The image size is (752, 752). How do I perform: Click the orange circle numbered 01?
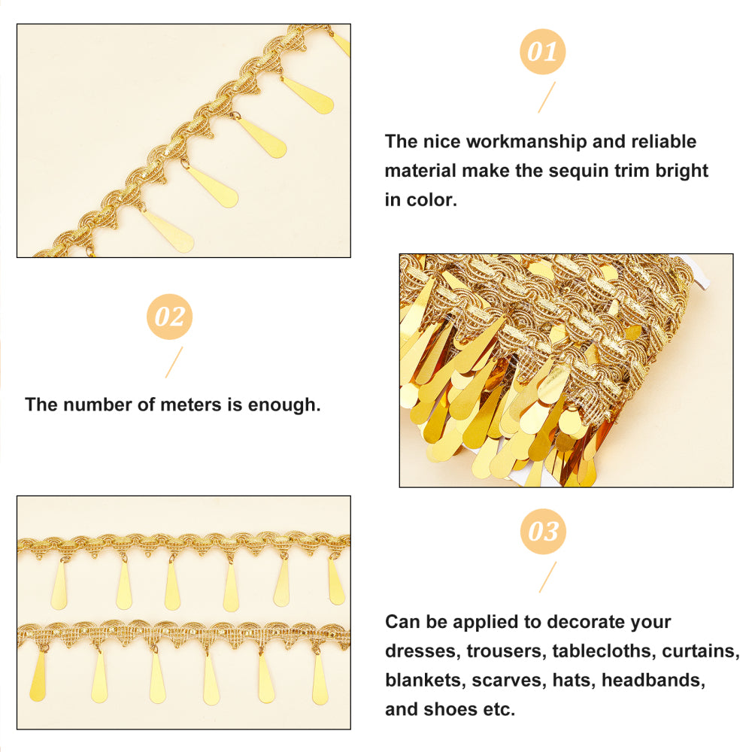(542, 52)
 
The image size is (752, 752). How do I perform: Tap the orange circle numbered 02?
(169, 317)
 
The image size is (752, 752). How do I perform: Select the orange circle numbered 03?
(543, 532)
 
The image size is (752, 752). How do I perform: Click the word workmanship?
(526, 142)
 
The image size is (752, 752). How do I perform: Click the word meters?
(191, 405)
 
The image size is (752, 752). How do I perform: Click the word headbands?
(653, 681)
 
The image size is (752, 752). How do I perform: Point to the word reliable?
(664, 142)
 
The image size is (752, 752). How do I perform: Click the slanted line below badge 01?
(547, 97)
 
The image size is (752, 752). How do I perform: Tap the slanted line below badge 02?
(174, 362)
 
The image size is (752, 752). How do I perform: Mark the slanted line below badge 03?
(547, 577)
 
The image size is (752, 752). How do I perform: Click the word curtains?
(701, 651)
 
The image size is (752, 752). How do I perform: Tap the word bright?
(681, 171)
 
